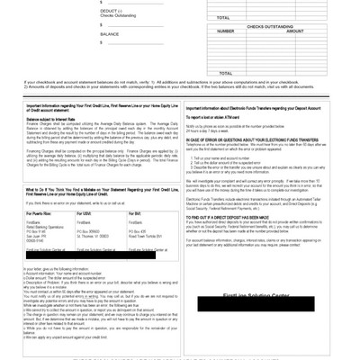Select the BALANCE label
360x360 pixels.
click(x=109, y=34)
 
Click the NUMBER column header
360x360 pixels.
click(x=226, y=31)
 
